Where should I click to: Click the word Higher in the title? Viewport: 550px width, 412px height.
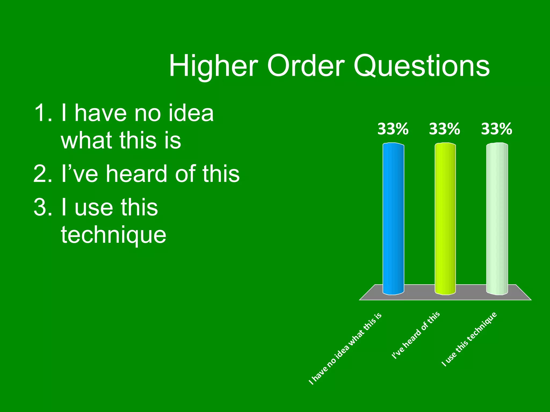(214, 66)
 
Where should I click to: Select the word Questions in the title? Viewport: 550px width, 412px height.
(422, 66)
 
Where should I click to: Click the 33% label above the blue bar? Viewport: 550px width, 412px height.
(393, 129)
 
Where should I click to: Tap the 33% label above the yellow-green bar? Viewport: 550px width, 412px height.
(444, 129)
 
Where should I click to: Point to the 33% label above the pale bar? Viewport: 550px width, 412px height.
(497, 129)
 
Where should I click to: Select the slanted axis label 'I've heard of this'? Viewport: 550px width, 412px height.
(416, 335)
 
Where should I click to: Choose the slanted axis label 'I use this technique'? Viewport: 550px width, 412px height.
(469, 339)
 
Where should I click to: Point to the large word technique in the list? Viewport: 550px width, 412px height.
(114, 235)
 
